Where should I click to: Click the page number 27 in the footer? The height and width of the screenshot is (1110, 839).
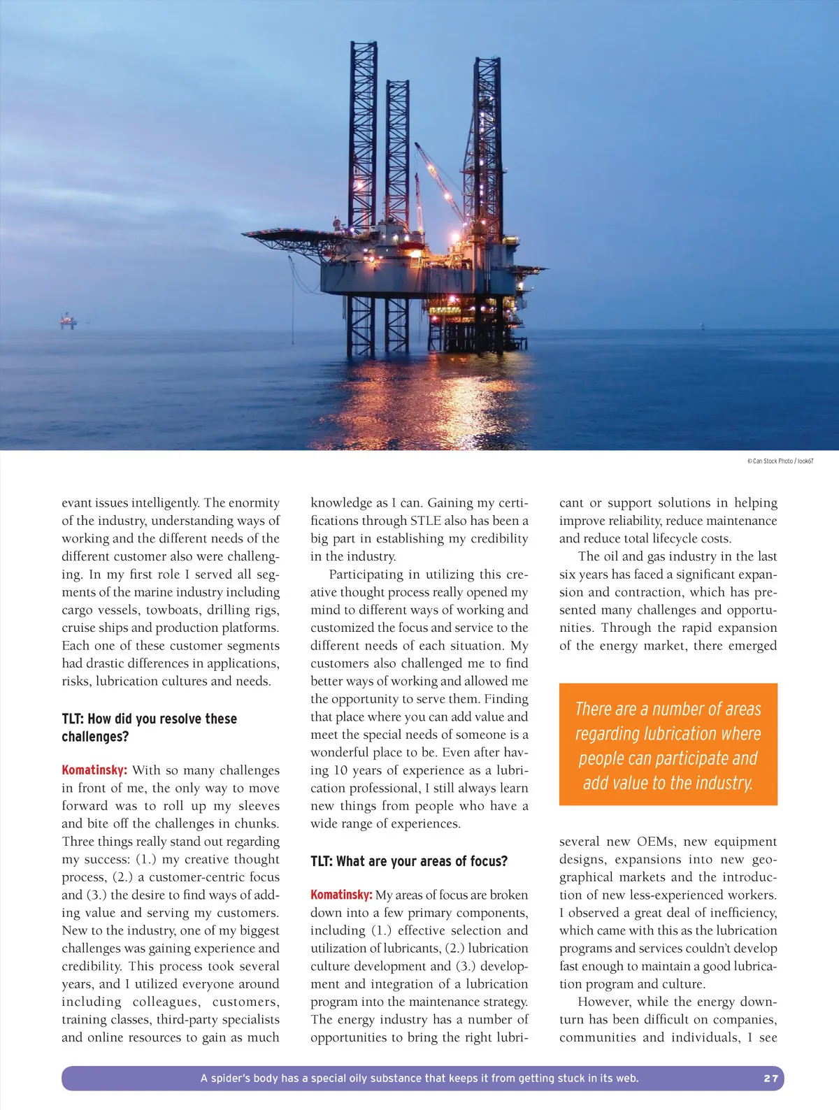point(770,1079)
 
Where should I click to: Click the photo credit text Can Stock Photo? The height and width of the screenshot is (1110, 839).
point(772,461)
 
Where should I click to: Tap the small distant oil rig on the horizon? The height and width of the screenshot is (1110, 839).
point(68,321)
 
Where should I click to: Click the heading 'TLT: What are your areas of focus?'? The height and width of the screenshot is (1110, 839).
point(409,861)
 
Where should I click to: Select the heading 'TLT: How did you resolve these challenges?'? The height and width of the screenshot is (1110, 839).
point(149,728)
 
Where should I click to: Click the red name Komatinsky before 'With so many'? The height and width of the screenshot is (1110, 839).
point(94,770)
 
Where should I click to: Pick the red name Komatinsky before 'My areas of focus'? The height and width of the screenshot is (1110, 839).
point(341,895)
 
